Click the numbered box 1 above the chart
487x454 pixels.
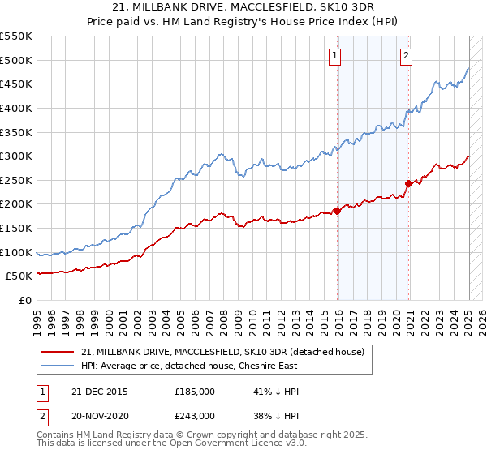pos(335,56)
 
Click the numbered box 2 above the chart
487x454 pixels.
pos(406,56)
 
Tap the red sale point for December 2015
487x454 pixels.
pos(338,212)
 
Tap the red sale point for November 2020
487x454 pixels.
pos(408,183)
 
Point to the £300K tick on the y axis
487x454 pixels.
pos(16,156)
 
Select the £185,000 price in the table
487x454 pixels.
pos(195,392)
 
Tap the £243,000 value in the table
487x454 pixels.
pos(195,415)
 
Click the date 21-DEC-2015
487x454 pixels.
pos(101,392)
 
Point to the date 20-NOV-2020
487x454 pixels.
pos(101,415)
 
